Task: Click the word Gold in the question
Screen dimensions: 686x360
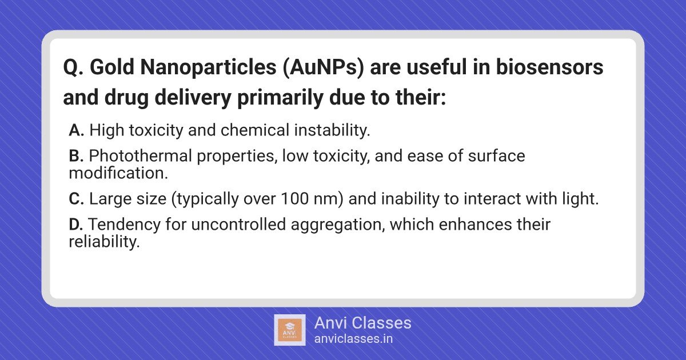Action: click(x=112, y=67)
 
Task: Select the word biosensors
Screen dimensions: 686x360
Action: click(x=549, y=67)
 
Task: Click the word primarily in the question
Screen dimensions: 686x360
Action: click(x=280, y=98)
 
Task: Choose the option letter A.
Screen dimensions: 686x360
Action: click(x=76, y=130)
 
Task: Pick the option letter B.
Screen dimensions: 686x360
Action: click(x=76, y=155)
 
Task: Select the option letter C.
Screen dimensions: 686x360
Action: click(x=76, y=199)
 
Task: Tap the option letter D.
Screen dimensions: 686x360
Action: click(x=76, y=225)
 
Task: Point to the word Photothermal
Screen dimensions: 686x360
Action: click(x=140, y=155)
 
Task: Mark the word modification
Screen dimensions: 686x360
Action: click(x=118, y=173)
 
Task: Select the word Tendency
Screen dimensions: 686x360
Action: click(x=125, y=225)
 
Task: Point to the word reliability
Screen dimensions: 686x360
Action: click(x=105, y=242)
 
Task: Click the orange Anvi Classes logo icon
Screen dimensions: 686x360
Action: click(x=289, y=330)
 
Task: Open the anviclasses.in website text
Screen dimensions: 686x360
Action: click(x=353, y=339)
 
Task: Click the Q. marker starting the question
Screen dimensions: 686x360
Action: click(x=73, y=67)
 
